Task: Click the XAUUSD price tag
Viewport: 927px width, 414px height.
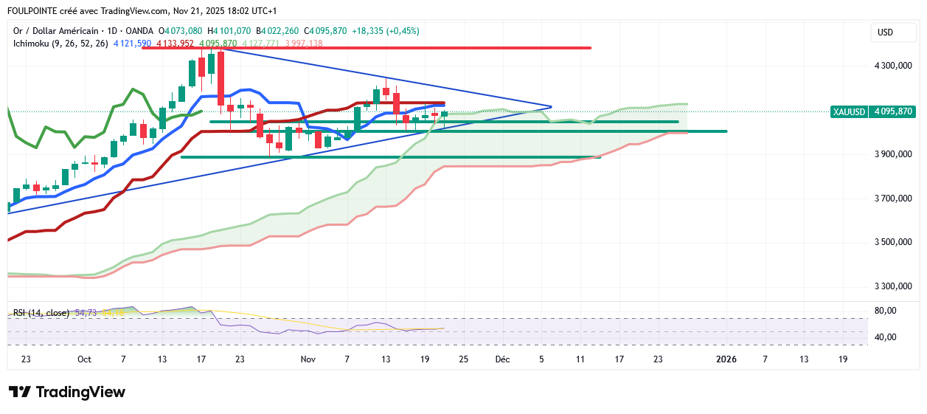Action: (x=849, y=111)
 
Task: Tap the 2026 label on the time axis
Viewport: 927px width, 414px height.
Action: (x=726, y=359)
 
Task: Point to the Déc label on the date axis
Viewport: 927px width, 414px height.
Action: (x=502, y=359)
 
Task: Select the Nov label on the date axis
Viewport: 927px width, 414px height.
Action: (x=308, y=359)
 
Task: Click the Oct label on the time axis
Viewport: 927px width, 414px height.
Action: (x=84, y=359)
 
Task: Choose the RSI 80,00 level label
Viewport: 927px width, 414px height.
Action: (x=885, y=311)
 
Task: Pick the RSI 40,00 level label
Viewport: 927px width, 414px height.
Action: (x=885, y=337)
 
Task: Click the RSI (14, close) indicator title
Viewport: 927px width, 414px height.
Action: (x=41, y=313)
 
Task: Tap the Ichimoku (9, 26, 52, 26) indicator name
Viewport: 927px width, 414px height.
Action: (x=60, y=44)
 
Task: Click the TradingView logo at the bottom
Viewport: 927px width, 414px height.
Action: (x=67, y=392)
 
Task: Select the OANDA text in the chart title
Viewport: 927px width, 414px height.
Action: (x=141, y=31)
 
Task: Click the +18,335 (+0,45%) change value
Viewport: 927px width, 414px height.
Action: (x=386, y=31)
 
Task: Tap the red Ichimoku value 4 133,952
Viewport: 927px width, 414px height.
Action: (x=175, y=44)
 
